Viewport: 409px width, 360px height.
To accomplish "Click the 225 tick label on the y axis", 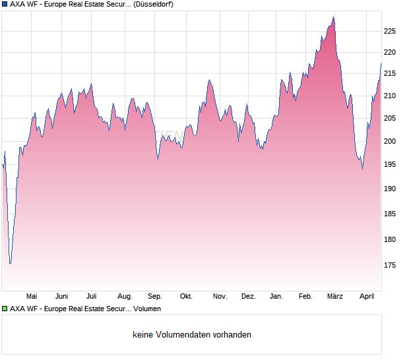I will (x=390, y=31).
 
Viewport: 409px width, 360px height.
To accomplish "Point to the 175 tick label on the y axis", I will (x=390, y=265).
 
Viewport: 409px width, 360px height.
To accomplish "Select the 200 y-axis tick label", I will (x=390, y=141).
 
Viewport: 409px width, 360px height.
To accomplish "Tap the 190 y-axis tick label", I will (x=390, y=189).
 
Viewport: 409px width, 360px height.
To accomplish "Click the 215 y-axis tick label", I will (x=390, y=74).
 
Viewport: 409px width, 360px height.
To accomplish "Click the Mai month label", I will (x=32, y=296).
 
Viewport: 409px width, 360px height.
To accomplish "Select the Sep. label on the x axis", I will (x=155, y=296).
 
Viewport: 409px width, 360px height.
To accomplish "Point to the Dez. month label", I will (x=248, y=296).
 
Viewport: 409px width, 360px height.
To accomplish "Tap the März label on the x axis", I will (x=335, y=296).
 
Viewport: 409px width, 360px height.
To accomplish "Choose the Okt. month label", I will (x=186, y=296).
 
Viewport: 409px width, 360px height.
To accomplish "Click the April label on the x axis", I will (x=367, y=296).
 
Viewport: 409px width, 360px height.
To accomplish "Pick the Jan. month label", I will (x=277, y=296).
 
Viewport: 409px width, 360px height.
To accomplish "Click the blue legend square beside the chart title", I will (x=5, y=4).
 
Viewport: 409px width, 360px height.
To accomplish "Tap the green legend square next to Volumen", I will (x=5, y=309).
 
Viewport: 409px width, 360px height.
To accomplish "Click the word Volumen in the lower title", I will (x=146, y=309).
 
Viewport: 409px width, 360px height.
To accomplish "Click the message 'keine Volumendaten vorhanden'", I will (x=192, y=334).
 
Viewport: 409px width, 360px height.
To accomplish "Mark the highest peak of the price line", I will (x=334, y=18).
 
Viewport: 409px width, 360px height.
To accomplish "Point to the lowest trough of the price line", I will (x=10, y=263).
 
